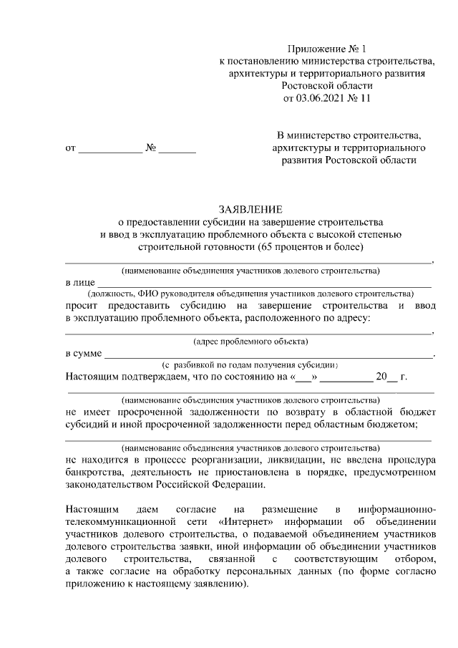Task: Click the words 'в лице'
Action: tap(78, 284)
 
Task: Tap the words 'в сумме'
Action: tap(83, 354)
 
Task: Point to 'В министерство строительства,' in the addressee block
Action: tap(349, 135)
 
